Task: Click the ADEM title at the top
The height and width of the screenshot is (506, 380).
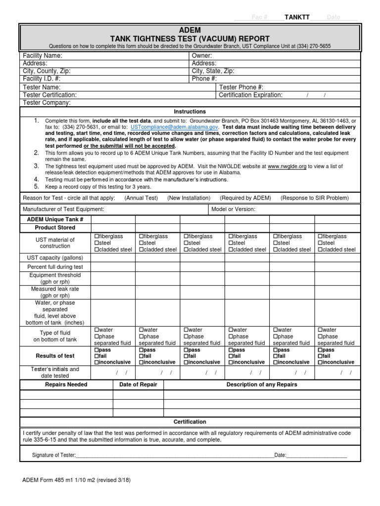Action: point(190,30)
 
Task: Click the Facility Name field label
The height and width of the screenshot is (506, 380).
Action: point(43,56)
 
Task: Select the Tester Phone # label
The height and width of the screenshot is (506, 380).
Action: point(240,87)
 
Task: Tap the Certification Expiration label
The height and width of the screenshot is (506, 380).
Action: point(250,95)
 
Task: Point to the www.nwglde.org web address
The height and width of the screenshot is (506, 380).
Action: point(287,167)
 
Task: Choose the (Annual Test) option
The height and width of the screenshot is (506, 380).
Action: point(141,198)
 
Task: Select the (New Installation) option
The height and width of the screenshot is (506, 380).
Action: point(189,198)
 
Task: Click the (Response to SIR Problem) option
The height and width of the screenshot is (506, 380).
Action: point(314,198)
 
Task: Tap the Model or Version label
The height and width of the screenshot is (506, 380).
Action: point(234,209)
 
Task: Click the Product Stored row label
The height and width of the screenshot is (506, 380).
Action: point(55,228)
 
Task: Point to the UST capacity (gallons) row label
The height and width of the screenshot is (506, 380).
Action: point(55,258)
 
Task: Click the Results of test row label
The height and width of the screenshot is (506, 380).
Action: point(55,356)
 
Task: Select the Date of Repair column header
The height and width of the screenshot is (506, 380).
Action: point(138,384)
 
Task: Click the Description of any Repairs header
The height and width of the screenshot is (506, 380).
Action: point(262,384)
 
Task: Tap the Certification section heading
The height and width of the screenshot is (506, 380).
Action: point(190,422)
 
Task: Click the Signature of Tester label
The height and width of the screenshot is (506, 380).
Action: point(54,455)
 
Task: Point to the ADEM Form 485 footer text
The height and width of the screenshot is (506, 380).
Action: point(77,480)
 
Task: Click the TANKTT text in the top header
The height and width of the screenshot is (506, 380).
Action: point(297,17)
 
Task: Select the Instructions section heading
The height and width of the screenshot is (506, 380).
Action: point(190,112)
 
